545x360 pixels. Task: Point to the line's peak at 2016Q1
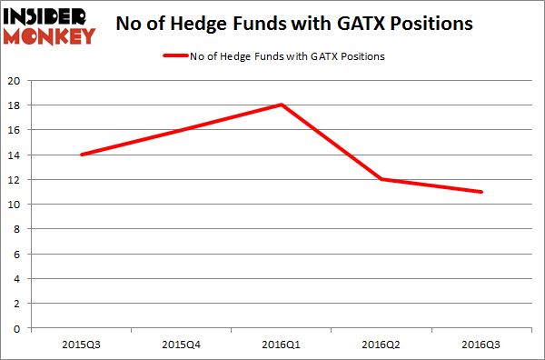pyautogui.click(x=282, y=105)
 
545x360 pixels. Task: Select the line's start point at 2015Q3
pyautogui.click(x=82, y=155)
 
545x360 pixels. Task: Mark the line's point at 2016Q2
pyautogui.click(x=381, y=179)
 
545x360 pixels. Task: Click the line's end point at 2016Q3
pyautogui.click(x=481, y=192)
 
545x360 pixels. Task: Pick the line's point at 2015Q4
pyautogui.click(x=182, y=129)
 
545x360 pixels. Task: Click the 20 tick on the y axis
pyautogui.click(x=14, y=80)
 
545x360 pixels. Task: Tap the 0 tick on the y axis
pyautogui.click(x=16, y=328)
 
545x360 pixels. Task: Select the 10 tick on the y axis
pyautogui.click(x=14, y=205)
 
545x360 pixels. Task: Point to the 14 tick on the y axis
pyautogui.click(x=14, y=155)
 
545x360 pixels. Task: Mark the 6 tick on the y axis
pyautogui.click(x=16, y=254)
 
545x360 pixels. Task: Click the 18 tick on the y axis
pyautogui.click(x=14, y=105)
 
